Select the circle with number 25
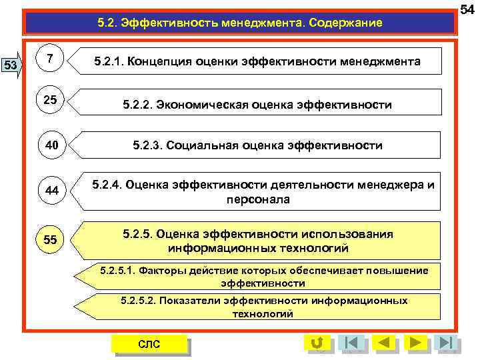[x=51, y=101]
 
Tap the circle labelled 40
[x=51, y=145]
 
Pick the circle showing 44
[x=51, y=190]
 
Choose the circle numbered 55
[x=51, y=239]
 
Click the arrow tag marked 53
[x=11, y=65]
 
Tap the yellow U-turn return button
[x=317, y=343]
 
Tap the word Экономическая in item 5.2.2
[x=213, y=105]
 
